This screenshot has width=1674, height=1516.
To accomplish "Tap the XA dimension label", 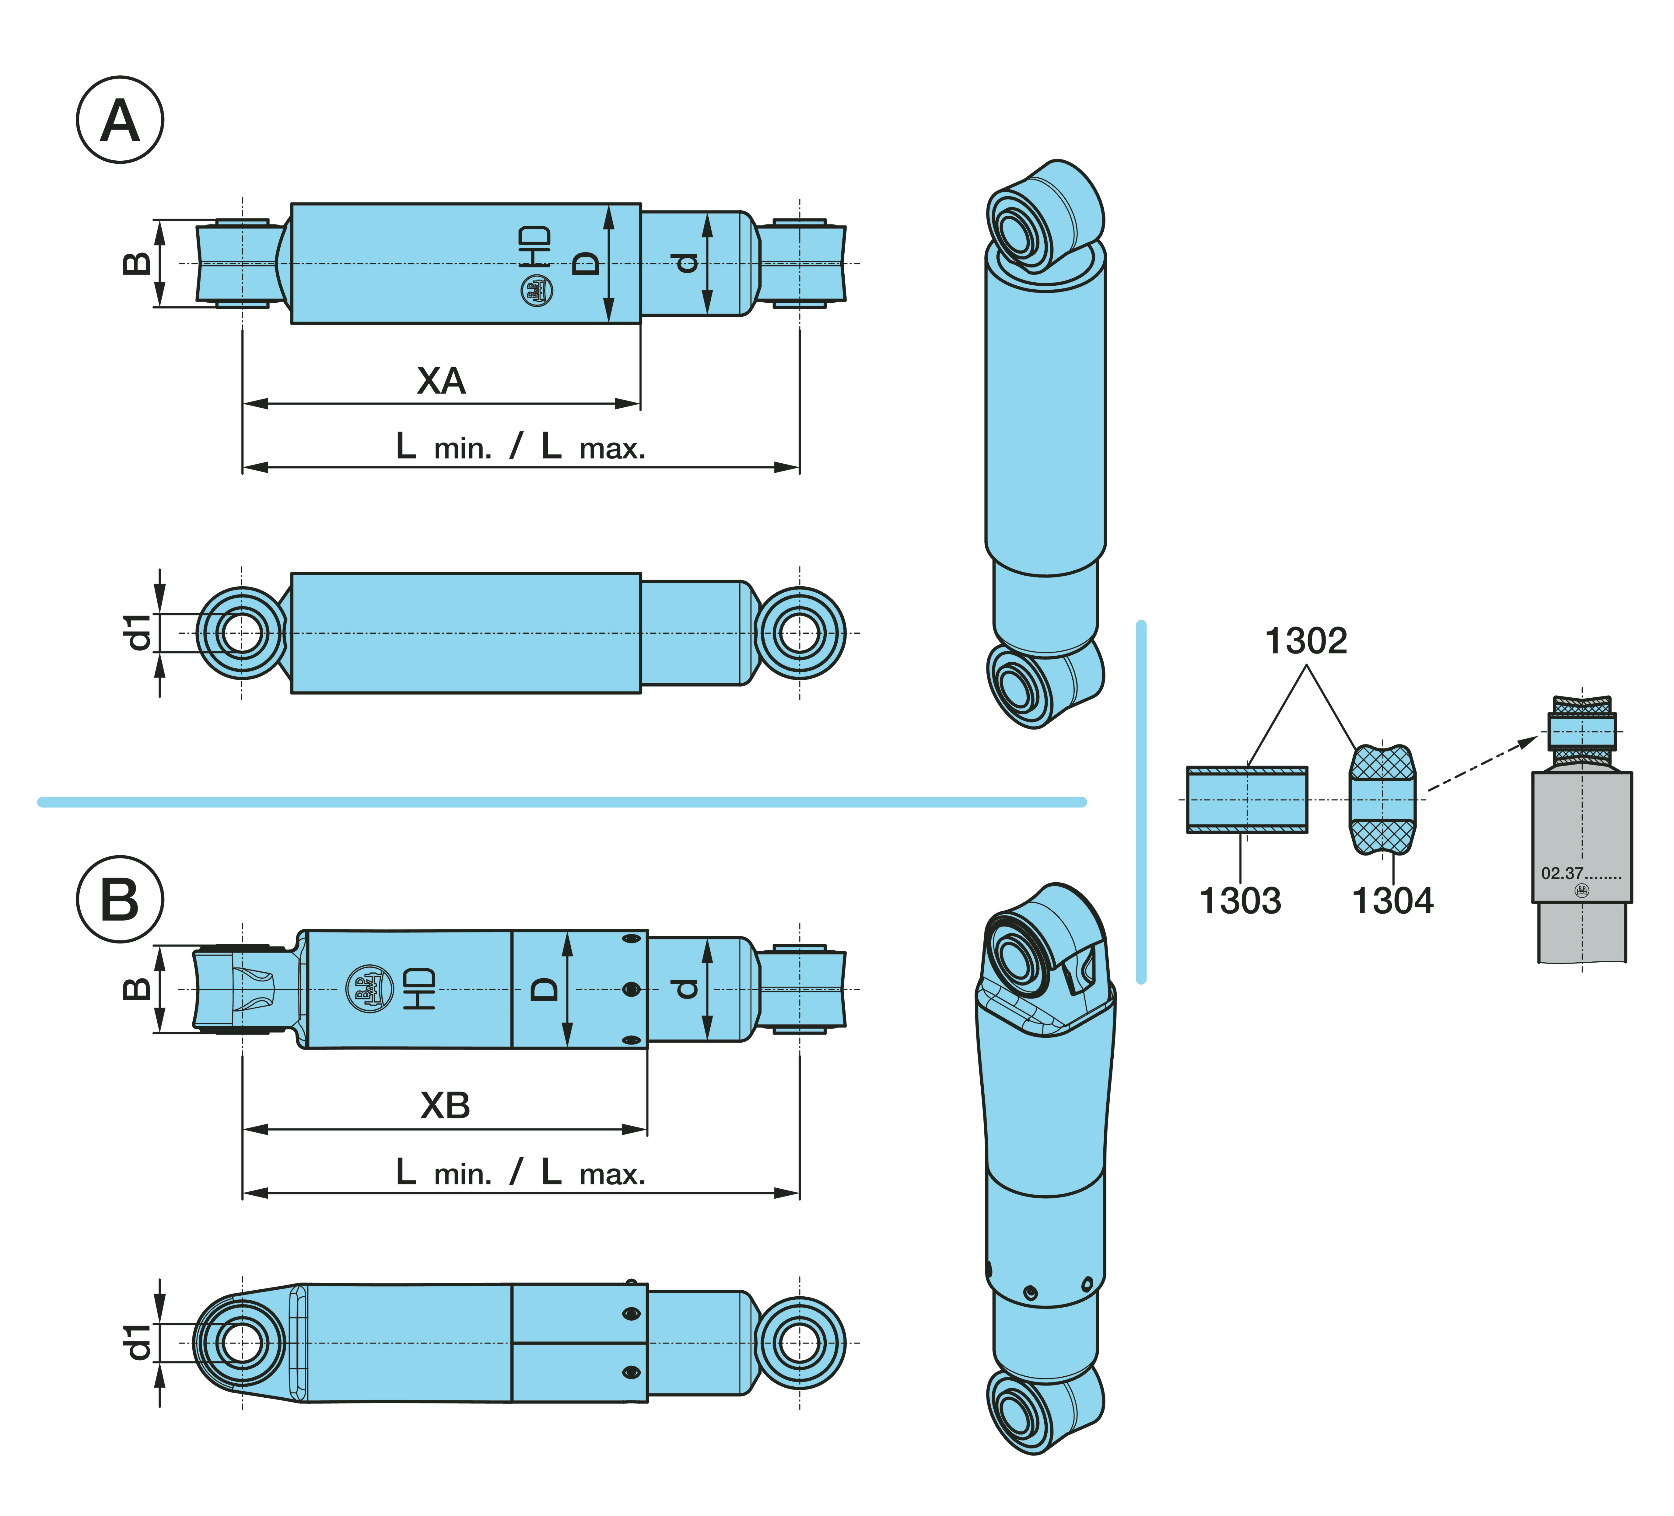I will point(441,381).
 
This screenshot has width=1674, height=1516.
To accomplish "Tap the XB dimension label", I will point(445,1106).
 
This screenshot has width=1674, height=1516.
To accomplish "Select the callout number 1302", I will point(1305,641).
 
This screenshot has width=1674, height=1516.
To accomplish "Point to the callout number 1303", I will point(1240,901).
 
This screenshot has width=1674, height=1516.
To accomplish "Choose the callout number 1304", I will point(1392,901).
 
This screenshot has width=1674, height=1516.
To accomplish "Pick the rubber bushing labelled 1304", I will point(1382,800).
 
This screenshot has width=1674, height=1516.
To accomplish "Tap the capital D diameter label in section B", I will point(545,989).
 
